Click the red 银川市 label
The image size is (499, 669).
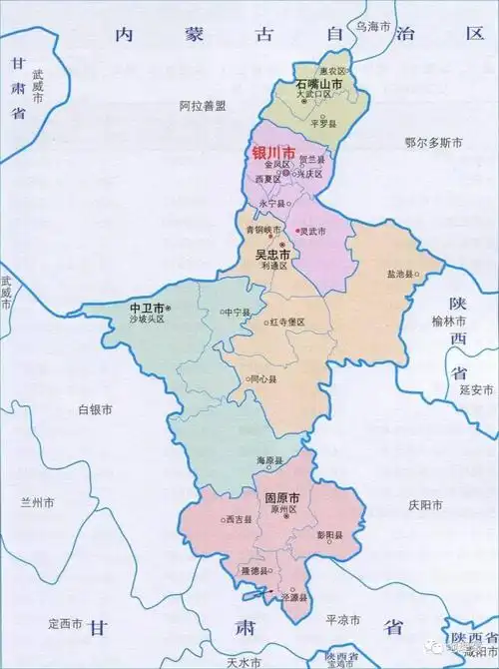point(273,153)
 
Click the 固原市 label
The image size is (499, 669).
point(283,496)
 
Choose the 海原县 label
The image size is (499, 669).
point(270,460)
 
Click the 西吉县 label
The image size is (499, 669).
point(238,520)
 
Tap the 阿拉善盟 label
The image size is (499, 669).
point(204,105)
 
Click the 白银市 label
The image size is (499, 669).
point(95,409)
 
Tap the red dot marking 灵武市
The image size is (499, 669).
point(296,232)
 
